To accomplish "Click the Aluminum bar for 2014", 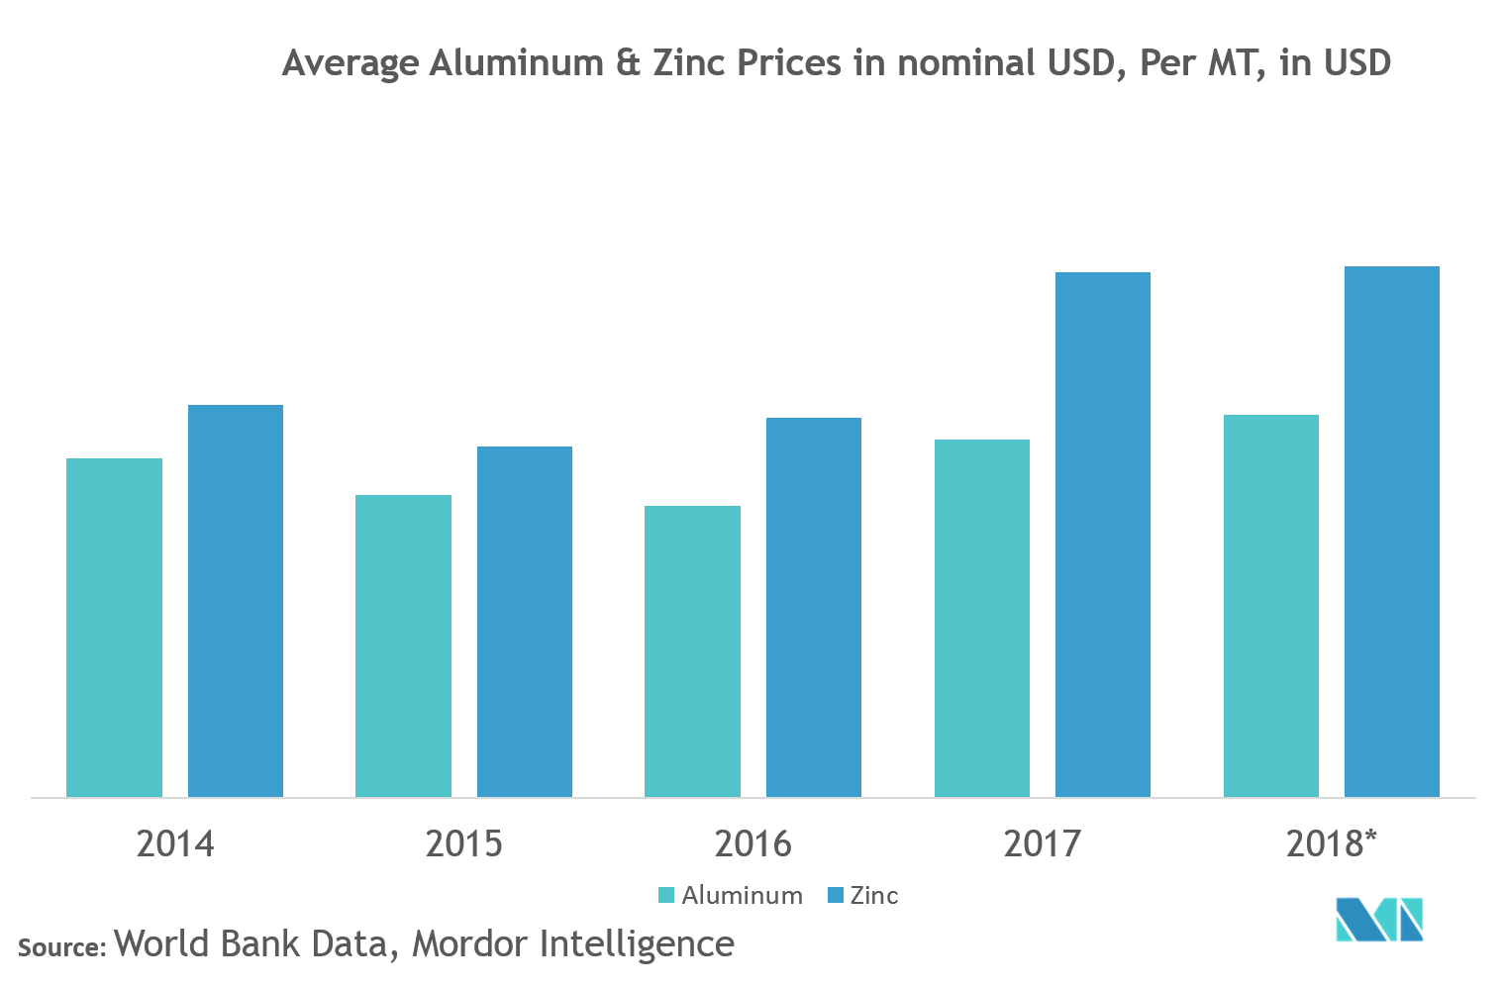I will [114, 628].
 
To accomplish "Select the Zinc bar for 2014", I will [236, 601].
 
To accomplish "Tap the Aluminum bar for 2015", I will [403, 645].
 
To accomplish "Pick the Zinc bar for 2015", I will [525, 622].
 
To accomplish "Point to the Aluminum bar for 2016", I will [692, 651].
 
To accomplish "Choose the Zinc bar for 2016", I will [814, 607].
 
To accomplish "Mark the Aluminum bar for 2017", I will [982, 618].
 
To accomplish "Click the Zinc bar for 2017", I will [1103, 535].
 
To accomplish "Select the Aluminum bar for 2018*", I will [1271, 606].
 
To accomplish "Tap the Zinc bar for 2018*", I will [1392, 532].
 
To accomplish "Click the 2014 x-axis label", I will [174, 844].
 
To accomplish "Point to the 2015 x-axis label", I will [463, 844].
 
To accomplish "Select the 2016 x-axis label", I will [752, 844].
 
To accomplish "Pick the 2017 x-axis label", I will [1042, 844].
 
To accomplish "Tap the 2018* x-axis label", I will [1331, 843].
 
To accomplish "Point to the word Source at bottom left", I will [60, 947].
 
